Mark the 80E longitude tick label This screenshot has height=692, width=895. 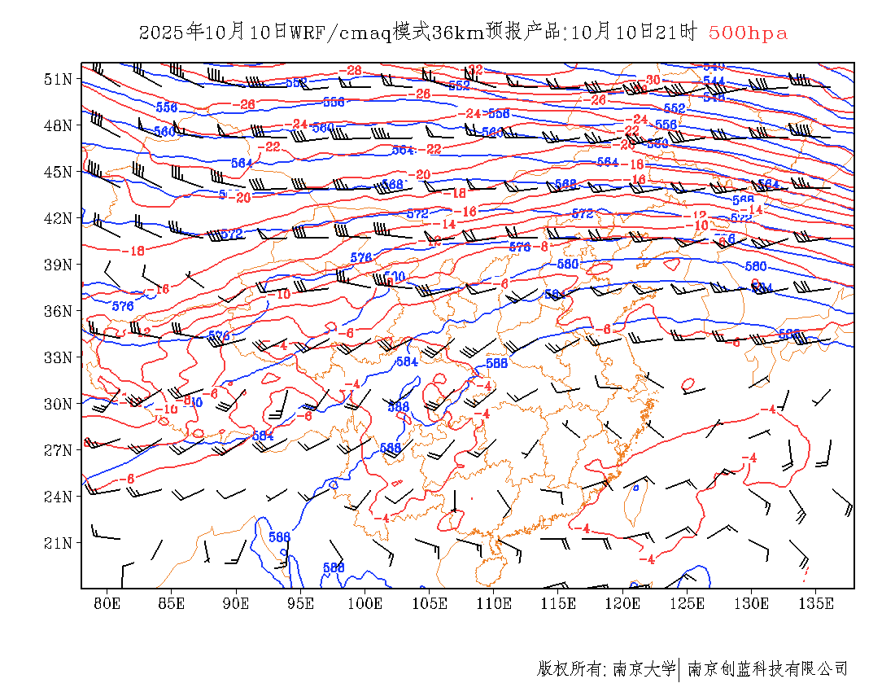click(x=107, y=603)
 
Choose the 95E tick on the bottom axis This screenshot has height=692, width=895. click(x=301, y=603)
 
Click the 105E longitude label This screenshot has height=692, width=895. click(x=430, y=603)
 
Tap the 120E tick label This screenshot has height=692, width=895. click(x=623, y=603)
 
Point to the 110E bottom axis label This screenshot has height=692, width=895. click(x=494, y=603)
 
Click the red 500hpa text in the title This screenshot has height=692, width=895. click(x=748, y=33)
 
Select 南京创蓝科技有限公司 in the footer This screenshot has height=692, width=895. click(x=767, y=669)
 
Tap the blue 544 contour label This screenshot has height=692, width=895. click(x=714, y=80)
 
